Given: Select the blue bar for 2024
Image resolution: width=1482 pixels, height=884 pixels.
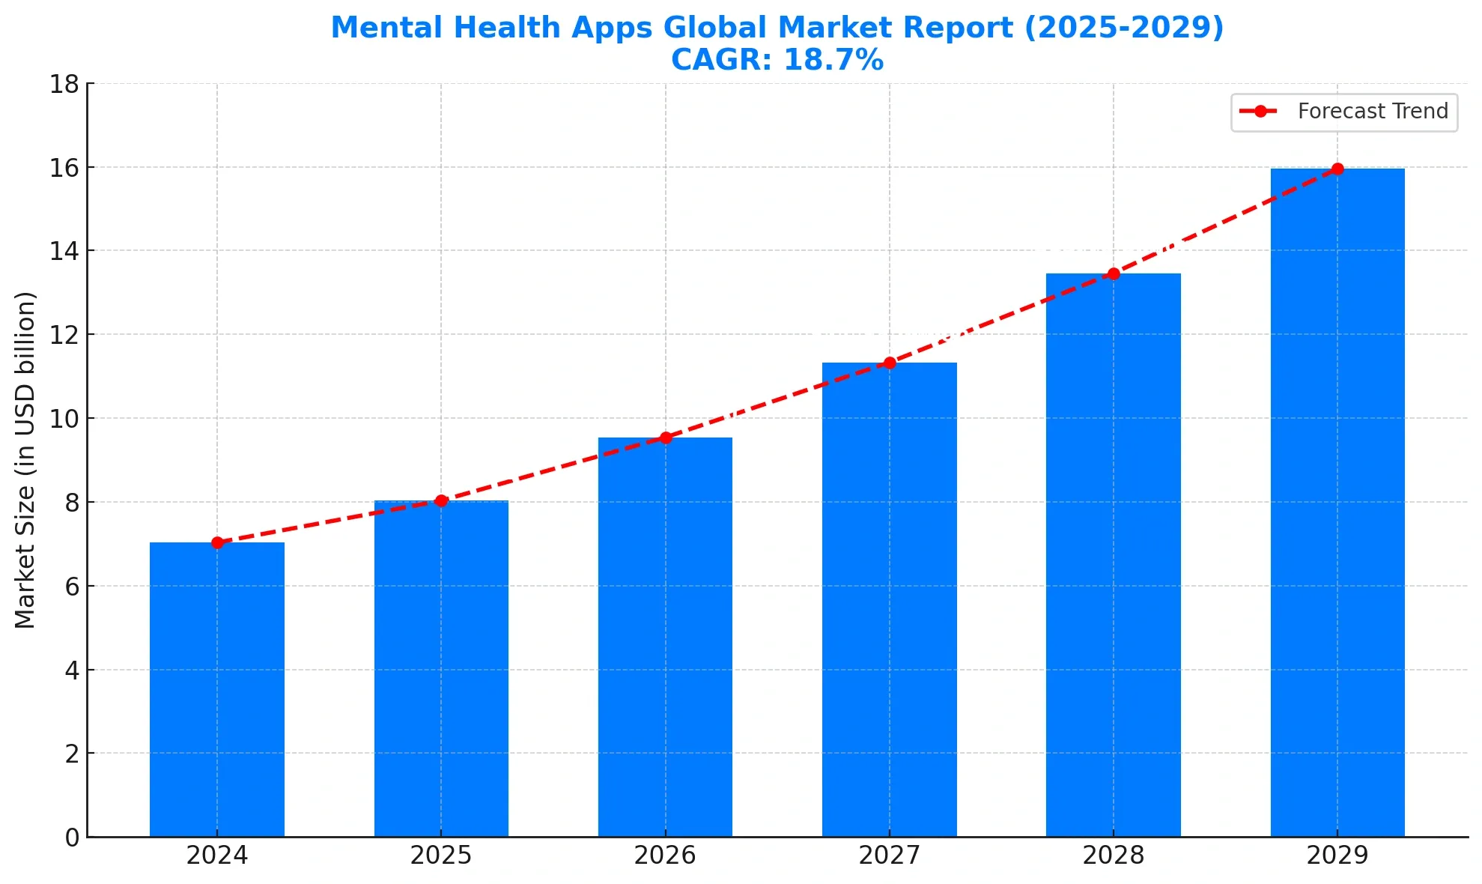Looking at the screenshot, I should coord(217,689).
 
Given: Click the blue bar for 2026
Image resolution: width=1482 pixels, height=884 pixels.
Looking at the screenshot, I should coord(665,637).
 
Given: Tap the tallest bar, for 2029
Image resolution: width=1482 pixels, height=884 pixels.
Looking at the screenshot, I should coord(1337,502).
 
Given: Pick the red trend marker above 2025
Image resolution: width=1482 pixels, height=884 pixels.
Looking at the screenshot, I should coord(441,500).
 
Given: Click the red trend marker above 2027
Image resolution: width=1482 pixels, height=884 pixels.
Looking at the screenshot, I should coord(890,363).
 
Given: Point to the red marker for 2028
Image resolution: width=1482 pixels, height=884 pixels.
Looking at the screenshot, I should coord(1114,273).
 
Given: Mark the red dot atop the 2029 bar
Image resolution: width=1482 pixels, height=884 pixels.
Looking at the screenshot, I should coord(1337,169).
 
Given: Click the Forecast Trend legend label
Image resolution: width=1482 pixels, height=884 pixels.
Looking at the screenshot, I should coord(1373,112).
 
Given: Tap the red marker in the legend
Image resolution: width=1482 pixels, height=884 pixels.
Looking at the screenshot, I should coord(1260,112).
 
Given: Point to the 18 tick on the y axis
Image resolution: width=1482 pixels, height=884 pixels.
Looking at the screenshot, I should coord(64,84).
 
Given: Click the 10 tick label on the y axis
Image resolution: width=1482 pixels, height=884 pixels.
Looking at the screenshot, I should coord(64,419).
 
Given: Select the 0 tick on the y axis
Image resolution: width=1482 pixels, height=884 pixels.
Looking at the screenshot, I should coord(72,838).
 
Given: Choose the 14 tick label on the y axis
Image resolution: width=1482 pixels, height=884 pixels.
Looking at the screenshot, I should coord(64,251).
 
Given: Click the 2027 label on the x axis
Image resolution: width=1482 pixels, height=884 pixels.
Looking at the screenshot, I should coord(890,856).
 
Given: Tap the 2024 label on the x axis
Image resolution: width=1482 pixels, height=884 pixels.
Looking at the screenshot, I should coord(217,856).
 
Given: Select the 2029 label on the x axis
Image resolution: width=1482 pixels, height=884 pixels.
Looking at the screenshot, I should coord(1337,856).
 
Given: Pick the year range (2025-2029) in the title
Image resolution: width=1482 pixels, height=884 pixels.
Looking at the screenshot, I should coord(1123,28).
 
